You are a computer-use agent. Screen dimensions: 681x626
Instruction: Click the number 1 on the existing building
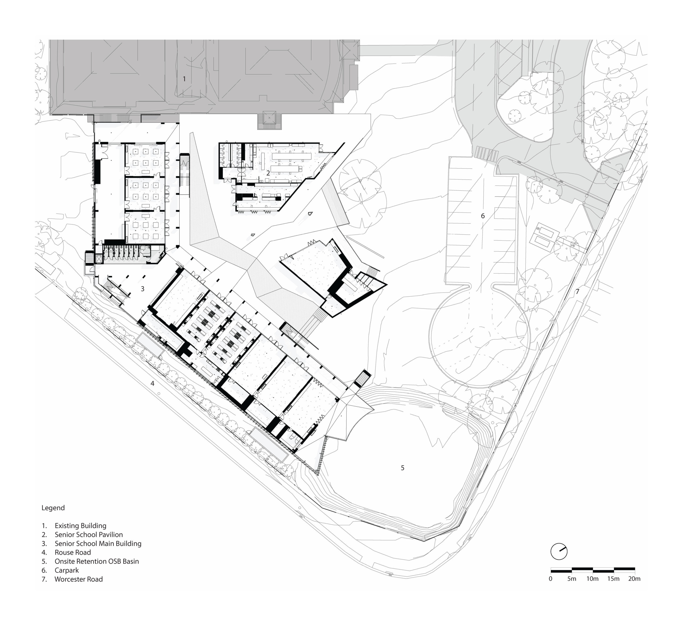[184, 79]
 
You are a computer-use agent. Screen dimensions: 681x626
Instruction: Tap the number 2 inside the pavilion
[268, 173]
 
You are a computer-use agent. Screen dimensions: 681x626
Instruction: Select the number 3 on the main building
[143, 289]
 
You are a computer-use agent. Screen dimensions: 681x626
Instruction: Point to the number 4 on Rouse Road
[153, 383]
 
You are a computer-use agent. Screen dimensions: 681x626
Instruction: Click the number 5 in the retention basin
[402, 468]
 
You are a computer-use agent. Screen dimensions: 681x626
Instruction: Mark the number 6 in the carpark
[483, 216]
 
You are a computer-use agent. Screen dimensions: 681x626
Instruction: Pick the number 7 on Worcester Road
[578, 291]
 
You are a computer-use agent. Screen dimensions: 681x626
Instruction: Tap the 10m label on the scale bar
[592, 579]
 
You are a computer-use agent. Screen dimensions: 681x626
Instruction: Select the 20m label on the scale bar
[634, 579]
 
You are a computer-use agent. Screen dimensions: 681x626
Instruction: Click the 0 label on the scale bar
[551, 579]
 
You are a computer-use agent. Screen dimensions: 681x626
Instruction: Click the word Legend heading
[53, 508]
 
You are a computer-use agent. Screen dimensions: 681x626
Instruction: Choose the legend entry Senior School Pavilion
[89, 535]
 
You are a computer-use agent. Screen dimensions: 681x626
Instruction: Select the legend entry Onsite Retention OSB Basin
[97, 561]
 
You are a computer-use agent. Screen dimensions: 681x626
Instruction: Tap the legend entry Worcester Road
[78, 579]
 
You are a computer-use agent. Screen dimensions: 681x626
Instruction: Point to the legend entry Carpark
[67, 570]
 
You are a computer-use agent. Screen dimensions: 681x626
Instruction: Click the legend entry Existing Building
[81, 526]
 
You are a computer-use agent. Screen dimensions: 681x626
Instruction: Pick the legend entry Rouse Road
[73, 553]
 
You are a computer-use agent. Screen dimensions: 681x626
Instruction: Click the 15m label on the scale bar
[613, 579]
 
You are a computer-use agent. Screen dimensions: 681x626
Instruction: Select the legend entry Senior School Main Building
[98, 544]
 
